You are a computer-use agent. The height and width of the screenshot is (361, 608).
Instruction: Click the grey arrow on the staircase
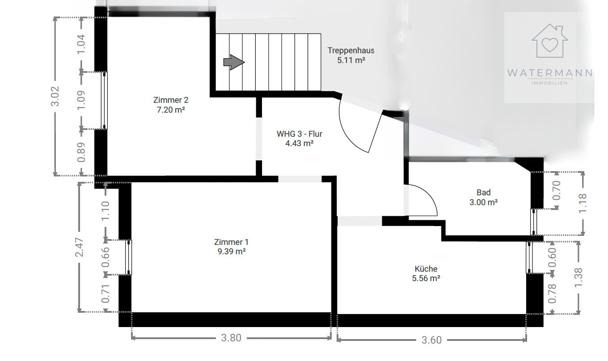click(x=234, y=62)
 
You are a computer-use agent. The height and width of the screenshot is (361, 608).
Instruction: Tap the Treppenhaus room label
click(x=350, y=50)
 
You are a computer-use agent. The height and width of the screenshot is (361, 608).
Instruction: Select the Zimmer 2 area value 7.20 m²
click(x=171, y=110)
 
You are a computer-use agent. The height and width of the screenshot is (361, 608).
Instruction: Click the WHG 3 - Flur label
click(x=300, y=134)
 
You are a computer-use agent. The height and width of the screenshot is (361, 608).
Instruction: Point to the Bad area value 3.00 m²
click(x=483, y=202)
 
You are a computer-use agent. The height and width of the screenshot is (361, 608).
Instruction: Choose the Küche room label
click(x=426, y=269)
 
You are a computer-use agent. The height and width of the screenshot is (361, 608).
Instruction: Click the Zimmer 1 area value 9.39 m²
click(x=231, y=252)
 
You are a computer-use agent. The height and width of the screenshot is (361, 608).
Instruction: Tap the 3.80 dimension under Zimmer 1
click(x=231, y=338)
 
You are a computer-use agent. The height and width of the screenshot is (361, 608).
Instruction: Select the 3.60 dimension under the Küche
click(x=431, y=340)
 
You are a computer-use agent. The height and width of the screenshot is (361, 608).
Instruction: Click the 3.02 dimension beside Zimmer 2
click(x=55, y=97)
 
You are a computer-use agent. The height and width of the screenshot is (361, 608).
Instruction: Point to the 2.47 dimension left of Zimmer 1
click(x=80, y=247)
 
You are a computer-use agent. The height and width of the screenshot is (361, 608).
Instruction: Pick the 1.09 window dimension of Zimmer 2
click(x=81, y=101)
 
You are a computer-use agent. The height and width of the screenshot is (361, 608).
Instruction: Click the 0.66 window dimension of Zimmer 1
click(x=105, y=257)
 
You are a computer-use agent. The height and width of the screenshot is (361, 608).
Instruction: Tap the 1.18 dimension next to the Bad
click(x=583, y=203)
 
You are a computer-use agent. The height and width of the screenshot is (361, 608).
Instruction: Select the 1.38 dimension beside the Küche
click(x=578, y=277)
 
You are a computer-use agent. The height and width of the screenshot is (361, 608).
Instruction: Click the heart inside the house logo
click(x=549, y=45)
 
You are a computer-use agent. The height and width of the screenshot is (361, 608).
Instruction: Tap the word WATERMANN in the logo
click(x=549, y=73)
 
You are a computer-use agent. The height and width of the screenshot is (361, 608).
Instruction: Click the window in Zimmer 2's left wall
click(x=104, y=101)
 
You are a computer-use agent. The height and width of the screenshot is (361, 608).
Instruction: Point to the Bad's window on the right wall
click(x=534, y=222)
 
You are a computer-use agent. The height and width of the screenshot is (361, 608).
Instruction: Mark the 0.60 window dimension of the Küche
click(x=553, y=257)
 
